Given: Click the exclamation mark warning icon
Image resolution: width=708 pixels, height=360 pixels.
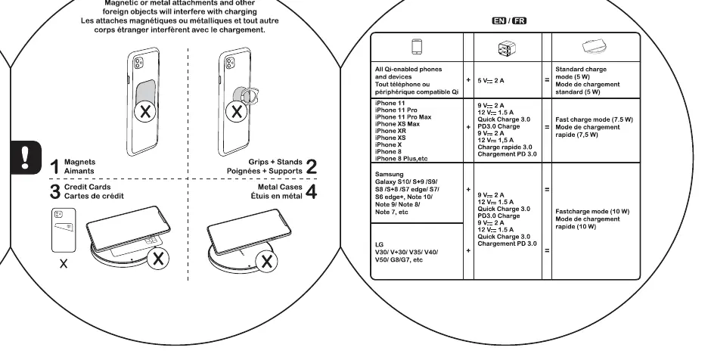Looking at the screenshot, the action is pos(25,157).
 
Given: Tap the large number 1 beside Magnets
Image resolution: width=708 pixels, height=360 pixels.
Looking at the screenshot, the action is pos(54,166).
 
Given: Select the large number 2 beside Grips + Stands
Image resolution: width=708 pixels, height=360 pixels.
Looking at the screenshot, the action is pos(312,166).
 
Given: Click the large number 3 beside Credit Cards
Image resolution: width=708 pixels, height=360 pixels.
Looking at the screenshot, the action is pos(55,191).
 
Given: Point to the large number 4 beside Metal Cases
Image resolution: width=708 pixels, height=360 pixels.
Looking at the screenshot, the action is pos(312,191).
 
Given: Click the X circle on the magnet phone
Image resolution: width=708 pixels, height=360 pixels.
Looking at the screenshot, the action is pos(145,112).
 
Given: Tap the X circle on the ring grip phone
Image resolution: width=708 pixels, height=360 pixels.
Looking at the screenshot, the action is pos(236,112).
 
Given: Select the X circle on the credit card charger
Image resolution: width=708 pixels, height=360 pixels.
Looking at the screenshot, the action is pos(158,259).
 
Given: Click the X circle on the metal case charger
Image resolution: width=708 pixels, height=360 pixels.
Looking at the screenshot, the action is pos(266,262).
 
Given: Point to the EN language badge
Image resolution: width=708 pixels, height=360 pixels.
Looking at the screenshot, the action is pos(499,20).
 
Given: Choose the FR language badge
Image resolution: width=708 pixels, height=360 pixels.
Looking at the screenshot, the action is pos(519,20).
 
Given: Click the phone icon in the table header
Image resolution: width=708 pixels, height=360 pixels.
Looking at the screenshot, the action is pos(417,47).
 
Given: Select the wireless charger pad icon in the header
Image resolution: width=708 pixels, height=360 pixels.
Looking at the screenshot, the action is pos(596,47).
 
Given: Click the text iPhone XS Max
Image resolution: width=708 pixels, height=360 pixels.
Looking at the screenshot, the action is pos(397,124).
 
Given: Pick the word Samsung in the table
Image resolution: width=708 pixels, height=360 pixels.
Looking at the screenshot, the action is pos(390,175).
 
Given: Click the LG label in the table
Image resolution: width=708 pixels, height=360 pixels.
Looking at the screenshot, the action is pos(379,244).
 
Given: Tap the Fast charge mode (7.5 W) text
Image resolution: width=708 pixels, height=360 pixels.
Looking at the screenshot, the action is pos(595,119).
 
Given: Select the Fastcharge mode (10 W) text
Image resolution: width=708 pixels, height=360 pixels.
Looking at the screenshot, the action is pos(592,212).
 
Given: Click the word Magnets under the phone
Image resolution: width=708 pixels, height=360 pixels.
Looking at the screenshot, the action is pos(80,162).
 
